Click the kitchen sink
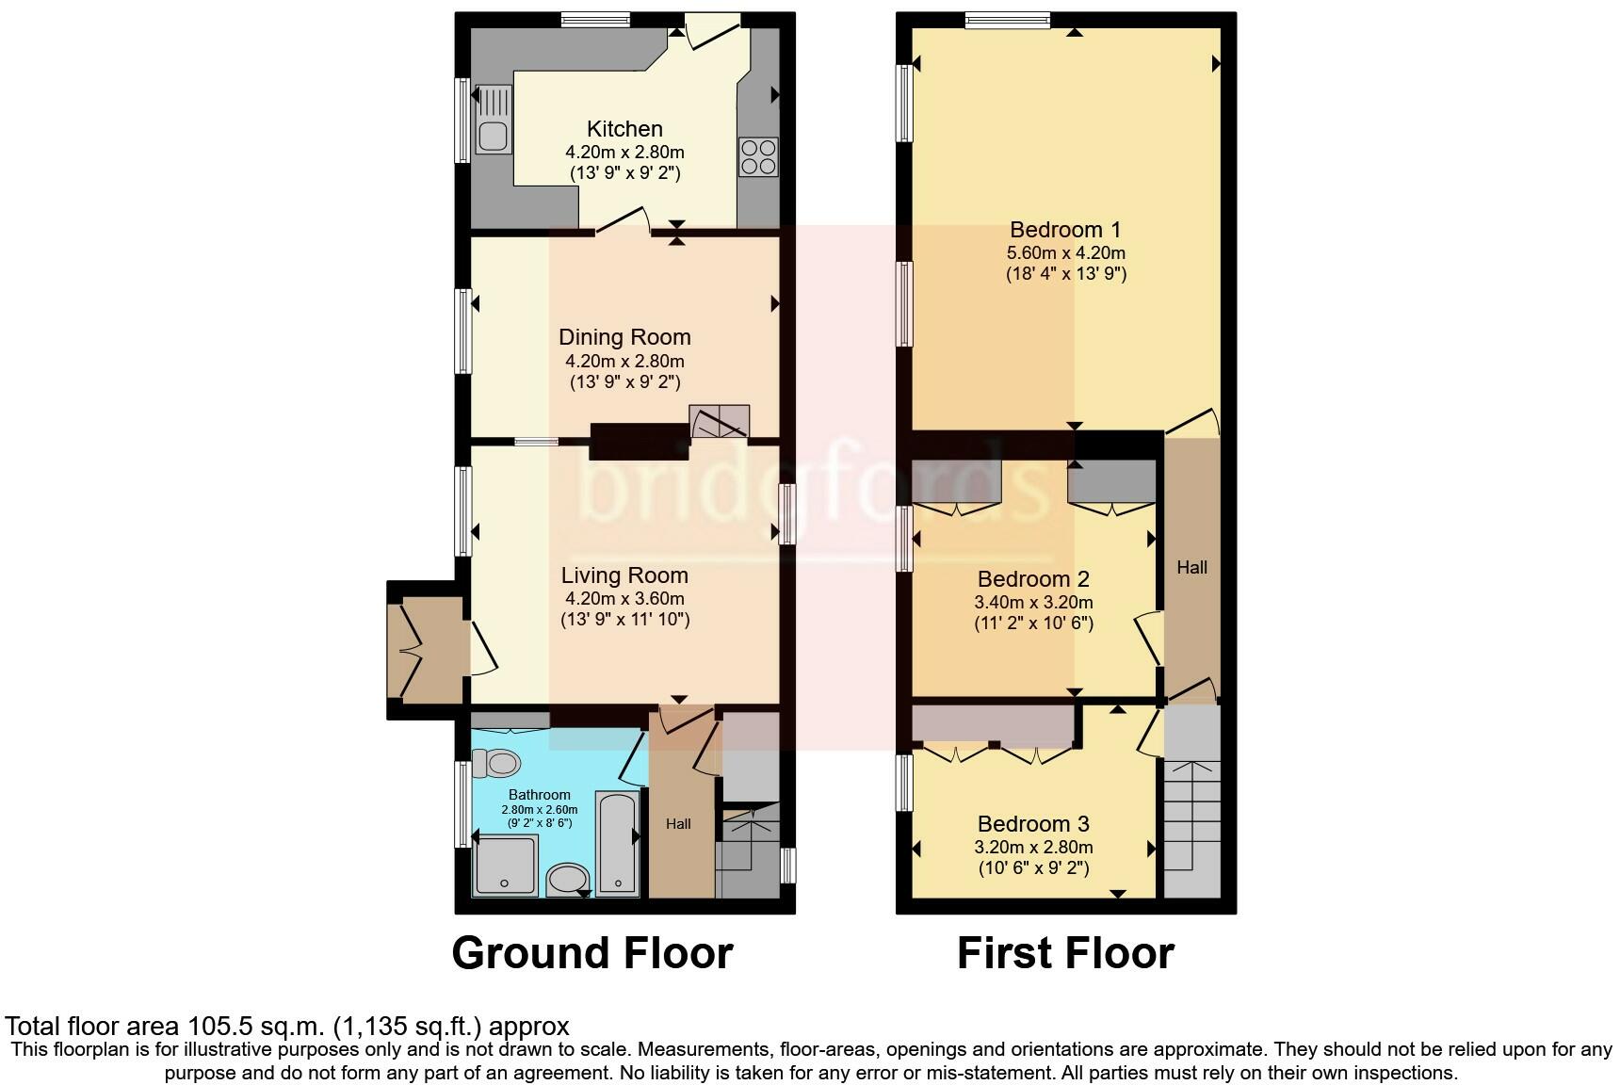(494, 120)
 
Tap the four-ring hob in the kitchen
(758, 156)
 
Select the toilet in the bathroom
(496, 762)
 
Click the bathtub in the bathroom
(618, 842)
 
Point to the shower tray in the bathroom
(505, 866)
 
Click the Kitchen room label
(624, 129)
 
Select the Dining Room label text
(624, 337)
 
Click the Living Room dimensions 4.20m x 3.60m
(624, 598)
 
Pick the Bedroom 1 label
(1065, 230)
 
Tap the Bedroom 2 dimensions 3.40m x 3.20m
(1033, 602)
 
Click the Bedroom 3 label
(1033, 824)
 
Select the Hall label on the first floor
(1191, 567)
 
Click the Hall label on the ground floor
(678, 823)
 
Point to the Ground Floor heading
(592, 953)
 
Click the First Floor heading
(1065, 953)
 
